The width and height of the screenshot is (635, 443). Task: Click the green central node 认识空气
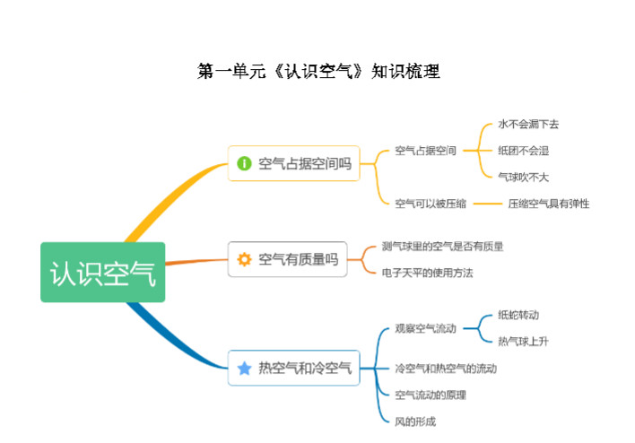[x=103, y=272]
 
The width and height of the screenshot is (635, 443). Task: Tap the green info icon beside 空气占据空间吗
[x=244, y=163]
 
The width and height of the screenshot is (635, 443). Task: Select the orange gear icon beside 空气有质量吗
[x=244, y=259]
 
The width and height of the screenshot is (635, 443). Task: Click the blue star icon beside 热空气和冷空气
[x=244, y=368]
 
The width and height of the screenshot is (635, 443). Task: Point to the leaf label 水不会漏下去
[x=528, y=124]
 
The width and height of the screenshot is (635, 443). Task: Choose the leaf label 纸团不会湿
[x=523, y=151]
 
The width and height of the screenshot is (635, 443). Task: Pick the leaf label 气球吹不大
[x=523, y=177]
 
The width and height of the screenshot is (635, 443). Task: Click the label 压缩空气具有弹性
[x=549, y=204]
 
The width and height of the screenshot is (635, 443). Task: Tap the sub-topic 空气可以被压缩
[x=431, y=204]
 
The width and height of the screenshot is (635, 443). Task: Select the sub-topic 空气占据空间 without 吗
[x=426, y=151]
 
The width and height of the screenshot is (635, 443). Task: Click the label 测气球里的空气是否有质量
[x=443, y=247]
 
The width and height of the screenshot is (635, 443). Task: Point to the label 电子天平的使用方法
[x=427, y=273]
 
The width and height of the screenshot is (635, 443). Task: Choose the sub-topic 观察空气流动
[x=426, y=328]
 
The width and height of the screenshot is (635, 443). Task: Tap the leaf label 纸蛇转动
[x=518, y=315]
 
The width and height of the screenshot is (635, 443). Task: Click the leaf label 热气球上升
[x=523, y=342]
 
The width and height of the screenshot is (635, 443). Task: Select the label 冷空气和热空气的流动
[x=446, y=369]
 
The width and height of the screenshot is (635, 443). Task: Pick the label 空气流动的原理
[x=431, y=395]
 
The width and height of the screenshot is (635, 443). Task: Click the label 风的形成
[x=415, y=421]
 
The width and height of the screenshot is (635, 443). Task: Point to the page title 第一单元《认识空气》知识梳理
[x=318, y=71]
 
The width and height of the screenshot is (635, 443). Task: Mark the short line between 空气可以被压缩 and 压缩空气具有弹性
[x=488, y=204]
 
